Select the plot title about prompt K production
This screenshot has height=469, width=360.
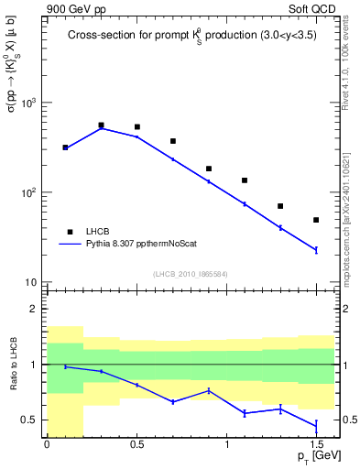[192, 37]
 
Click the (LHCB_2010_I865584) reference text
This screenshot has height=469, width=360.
[191, 273]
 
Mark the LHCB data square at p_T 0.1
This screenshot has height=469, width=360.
[65, 147]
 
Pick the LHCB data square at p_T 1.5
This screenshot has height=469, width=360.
[316, 220]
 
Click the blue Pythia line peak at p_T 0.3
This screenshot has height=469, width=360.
[101, 128]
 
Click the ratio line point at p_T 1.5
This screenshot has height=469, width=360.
[316, 425]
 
